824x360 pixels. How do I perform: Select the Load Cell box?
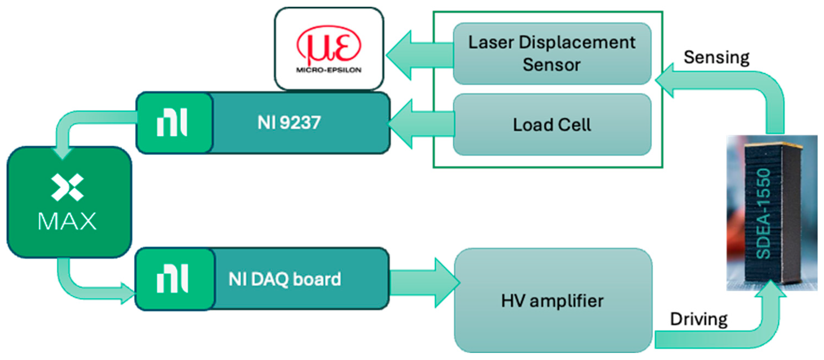click(x=552, y=124)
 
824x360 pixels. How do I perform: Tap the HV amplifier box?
click(x=553, y=300)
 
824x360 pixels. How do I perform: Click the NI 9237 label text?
click(x=289, y=122)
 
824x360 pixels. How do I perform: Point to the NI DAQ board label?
click(x=285, y=279)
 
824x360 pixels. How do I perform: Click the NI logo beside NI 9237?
click(x=172, y=122)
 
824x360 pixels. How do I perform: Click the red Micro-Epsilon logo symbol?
click(x=328, y=45)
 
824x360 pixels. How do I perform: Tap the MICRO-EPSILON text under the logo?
click(x=328, y=70)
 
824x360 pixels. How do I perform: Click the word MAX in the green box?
click(x=67, y=221)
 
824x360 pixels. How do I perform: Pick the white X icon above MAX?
click(x=67, y=187)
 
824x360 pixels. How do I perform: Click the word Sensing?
click(x=716, y=58)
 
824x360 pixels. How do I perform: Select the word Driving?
click(x=699, y=319)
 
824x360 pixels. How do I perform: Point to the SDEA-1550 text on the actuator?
click(x=763, y=213)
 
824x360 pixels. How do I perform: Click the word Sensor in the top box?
click(x=551, y=65)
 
